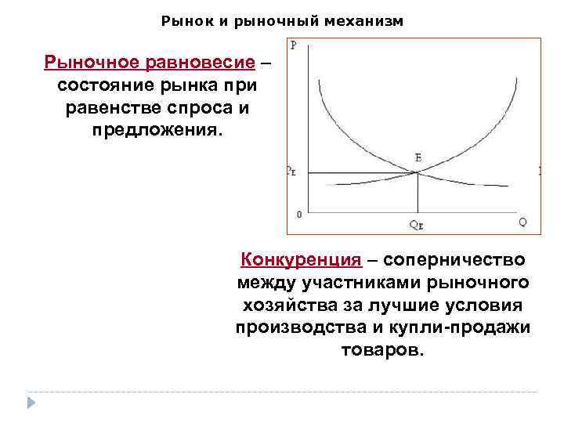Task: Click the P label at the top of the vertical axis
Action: point(293,45)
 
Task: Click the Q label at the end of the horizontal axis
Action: point(522,222)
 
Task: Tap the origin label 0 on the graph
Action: point(298,213)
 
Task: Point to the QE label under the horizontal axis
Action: point(417,226)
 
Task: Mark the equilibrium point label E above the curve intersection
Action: point(418,158)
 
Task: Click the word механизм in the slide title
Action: point(369,21)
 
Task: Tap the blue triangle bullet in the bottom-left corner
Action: point(31,402)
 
